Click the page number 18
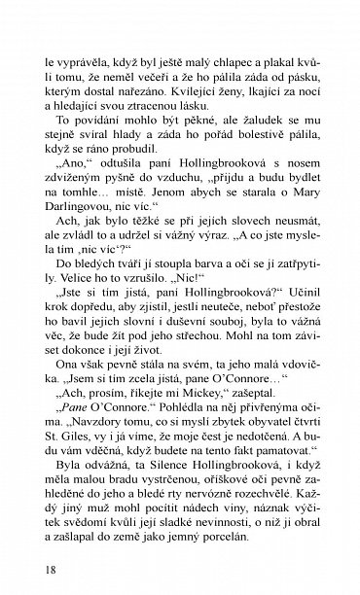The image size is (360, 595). point(37,569)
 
